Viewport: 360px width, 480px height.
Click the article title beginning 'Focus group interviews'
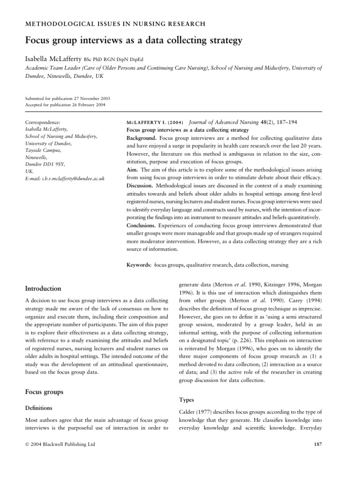pyautogui.click(x=134, y=41)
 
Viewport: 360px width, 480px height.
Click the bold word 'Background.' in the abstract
pyautogui.click(x=142, y=139)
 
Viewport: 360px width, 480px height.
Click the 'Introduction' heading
pyautogui.click(x=43, y=288)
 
